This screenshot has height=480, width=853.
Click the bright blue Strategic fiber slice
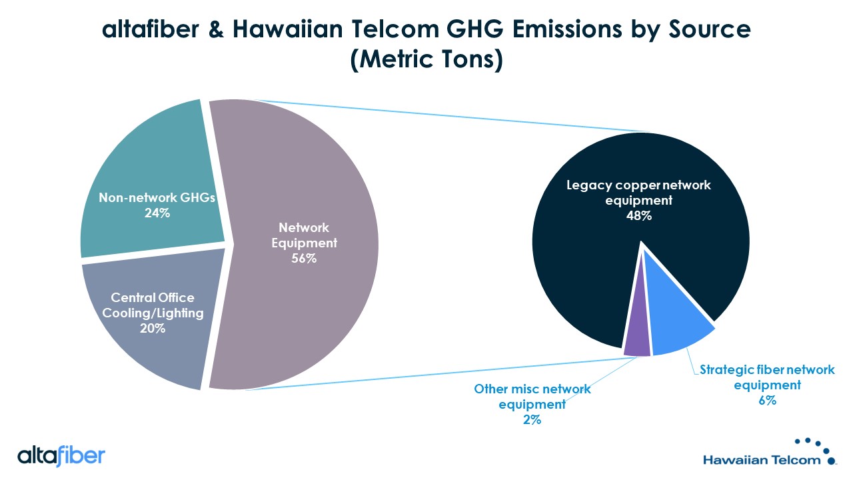tap(676, 327)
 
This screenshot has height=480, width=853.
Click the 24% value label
tap(157, 213)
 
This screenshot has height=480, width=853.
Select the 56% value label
tap(304, 258)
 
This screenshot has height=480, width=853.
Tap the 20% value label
tap(153, 329)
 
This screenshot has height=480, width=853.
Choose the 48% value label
tap(639, 216)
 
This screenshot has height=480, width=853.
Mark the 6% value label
tap(767, 401)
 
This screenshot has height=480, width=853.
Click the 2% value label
tap(532, 420)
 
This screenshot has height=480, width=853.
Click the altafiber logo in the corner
tap(61, 455)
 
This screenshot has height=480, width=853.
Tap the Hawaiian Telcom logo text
tap(762, 460)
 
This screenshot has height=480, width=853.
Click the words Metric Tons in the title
tap(426, 59)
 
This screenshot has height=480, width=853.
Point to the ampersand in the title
tap(216, 29)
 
